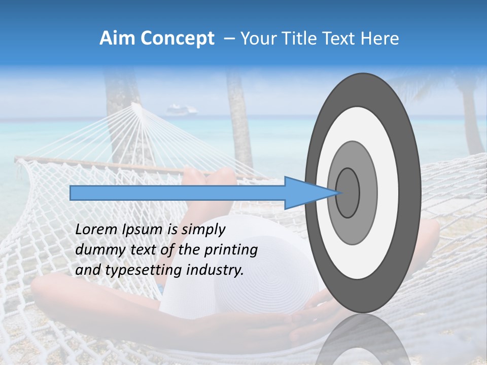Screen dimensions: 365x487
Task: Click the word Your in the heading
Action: pyautogui.click(x=256, y=39)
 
